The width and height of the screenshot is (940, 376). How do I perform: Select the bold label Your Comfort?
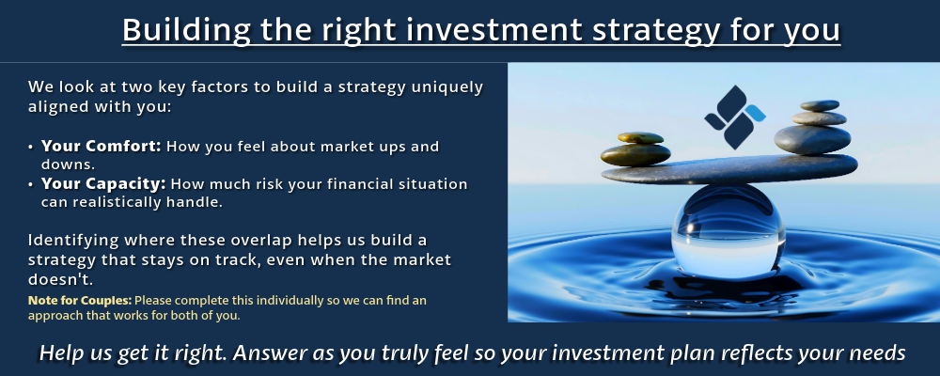(x=102, y=146)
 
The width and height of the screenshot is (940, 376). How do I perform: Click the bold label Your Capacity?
(x=103, y=183)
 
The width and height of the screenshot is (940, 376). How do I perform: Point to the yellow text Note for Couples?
(x=80, y=300)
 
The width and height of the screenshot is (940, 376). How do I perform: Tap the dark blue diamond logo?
(x=730, y=117)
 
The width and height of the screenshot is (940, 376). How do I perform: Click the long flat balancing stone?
(x=729, y=170)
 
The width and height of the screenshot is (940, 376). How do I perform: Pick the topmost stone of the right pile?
(x=820, y=105)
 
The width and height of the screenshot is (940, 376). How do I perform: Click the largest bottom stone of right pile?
(x=812, y=140)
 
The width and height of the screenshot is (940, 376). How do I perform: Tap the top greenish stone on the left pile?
(x=640, y=138)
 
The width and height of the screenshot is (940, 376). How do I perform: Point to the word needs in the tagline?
(x=878, y=353)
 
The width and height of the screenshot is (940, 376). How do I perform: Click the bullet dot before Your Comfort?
(x=31, y=147)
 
